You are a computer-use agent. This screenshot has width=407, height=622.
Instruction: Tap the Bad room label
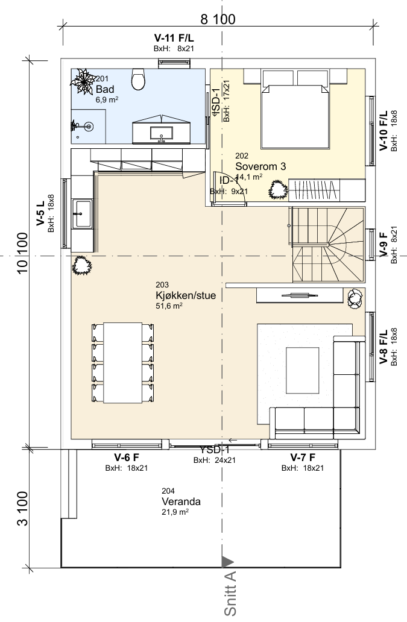click(x=105, y=89)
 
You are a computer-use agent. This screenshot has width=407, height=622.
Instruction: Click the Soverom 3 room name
click(x=260, y=166)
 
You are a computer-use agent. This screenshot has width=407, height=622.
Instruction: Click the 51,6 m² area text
click(x=169, y=306)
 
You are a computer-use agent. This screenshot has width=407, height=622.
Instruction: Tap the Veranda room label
click(x=181, y=501)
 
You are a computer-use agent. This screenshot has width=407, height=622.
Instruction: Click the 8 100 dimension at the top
click(x=218, y=19)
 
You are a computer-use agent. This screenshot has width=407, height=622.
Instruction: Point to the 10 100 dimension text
click(x=23, y=253)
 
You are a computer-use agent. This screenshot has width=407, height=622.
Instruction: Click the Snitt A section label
click(x=230, y=594)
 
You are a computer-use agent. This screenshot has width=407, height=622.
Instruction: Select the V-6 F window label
click(x=127, y=457)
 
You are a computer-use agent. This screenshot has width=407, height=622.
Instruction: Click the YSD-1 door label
click(x=215, y=450)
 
